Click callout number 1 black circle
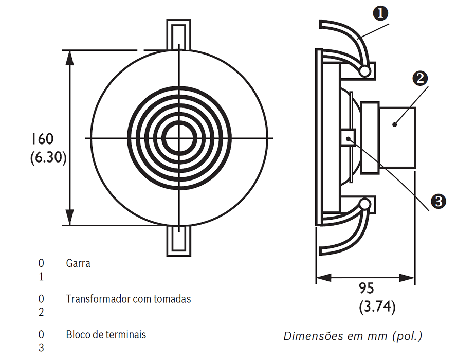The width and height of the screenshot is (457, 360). pyautogui.click(x=381, y=13)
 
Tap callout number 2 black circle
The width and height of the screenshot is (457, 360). pyautogui.click(x=421, y=79)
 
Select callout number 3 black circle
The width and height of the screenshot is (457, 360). pyautogui.click(x=438, y=201)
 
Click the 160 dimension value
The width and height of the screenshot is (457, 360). pyautogui.click(x=42, y=139)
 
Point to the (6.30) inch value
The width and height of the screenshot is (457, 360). pyautogui.click(x=48, y=157)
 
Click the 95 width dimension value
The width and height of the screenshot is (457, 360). pyautogui.click(x=367, y=288)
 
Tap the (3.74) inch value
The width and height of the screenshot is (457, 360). pyautogui.click(x=377, y=307)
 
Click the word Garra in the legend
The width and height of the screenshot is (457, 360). pyautogui.click(x=78, y=263)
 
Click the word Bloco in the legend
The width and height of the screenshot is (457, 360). pyautogui.click(x=78, y=335)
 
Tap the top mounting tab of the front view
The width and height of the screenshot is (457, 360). pyautogui.click(x=178, y=33)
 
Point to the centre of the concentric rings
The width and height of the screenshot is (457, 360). pyautogui.click(x=178, y=138)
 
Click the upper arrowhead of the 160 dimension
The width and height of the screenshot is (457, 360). pyautogui.click(x=71, y=57)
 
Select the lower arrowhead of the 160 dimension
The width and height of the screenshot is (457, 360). pyautogui.click(x=71, y=219)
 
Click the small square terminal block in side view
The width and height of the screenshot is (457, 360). pyautogui.click(x=348, y=138)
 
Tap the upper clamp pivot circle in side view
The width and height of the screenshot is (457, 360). pyautogui.click(x=365, y=71)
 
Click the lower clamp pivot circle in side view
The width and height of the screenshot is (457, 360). pyautogui.click(x=365, y=205)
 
